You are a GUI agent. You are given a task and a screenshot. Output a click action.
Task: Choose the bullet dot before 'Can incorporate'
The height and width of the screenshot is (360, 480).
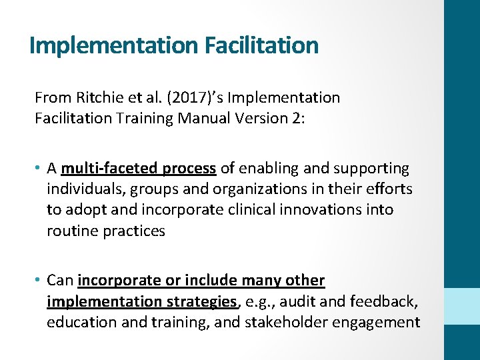click(x=39, y=281)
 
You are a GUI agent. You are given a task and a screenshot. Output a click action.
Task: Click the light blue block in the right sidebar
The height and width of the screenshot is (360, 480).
click(x=462, y=306)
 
